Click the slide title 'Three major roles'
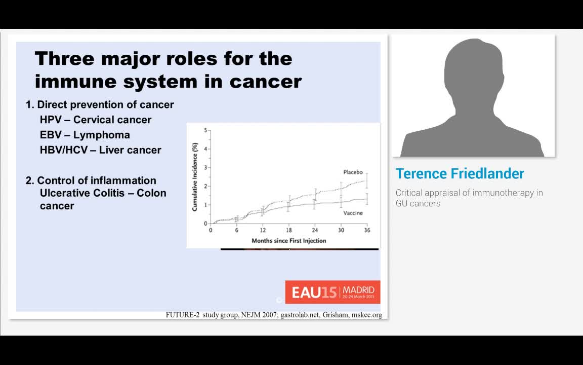pyautogui.click(x=163, y=59)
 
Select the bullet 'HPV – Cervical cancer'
pyautogui.click(x=96, y=120)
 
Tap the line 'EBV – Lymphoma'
pyautogui.click(x=85, y=135)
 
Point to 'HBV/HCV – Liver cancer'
pyautogui.click(x=100, y=150)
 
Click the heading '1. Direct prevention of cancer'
pyautogui.click(x=100, y=104)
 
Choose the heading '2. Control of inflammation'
pyautogui.click(x=91, y=180)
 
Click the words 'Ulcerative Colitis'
pyautogui.click(x=79, y=193)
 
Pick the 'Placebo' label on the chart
pyautogui.click(x=354, y=172)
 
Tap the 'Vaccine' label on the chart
pyautogui.click(x=353, y=213)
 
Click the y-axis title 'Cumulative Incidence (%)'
pyautogui.click(x=194, y=176)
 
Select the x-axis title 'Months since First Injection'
pyautogui.click(x=289, y=240)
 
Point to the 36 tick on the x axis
pyautogui.click(x=367, y=230)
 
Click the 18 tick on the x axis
pyautogui.click(x=289, y=230)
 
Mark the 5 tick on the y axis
pyautogui.click(x=205, y=130)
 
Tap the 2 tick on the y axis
pyautogui.click(x=205, y=186)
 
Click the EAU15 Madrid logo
pyautogui.click(x=332, y=292)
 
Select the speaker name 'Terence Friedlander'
pyautogui.click(x=460, y=173)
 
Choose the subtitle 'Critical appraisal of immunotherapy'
pyautogui.click(x=469, y=193)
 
